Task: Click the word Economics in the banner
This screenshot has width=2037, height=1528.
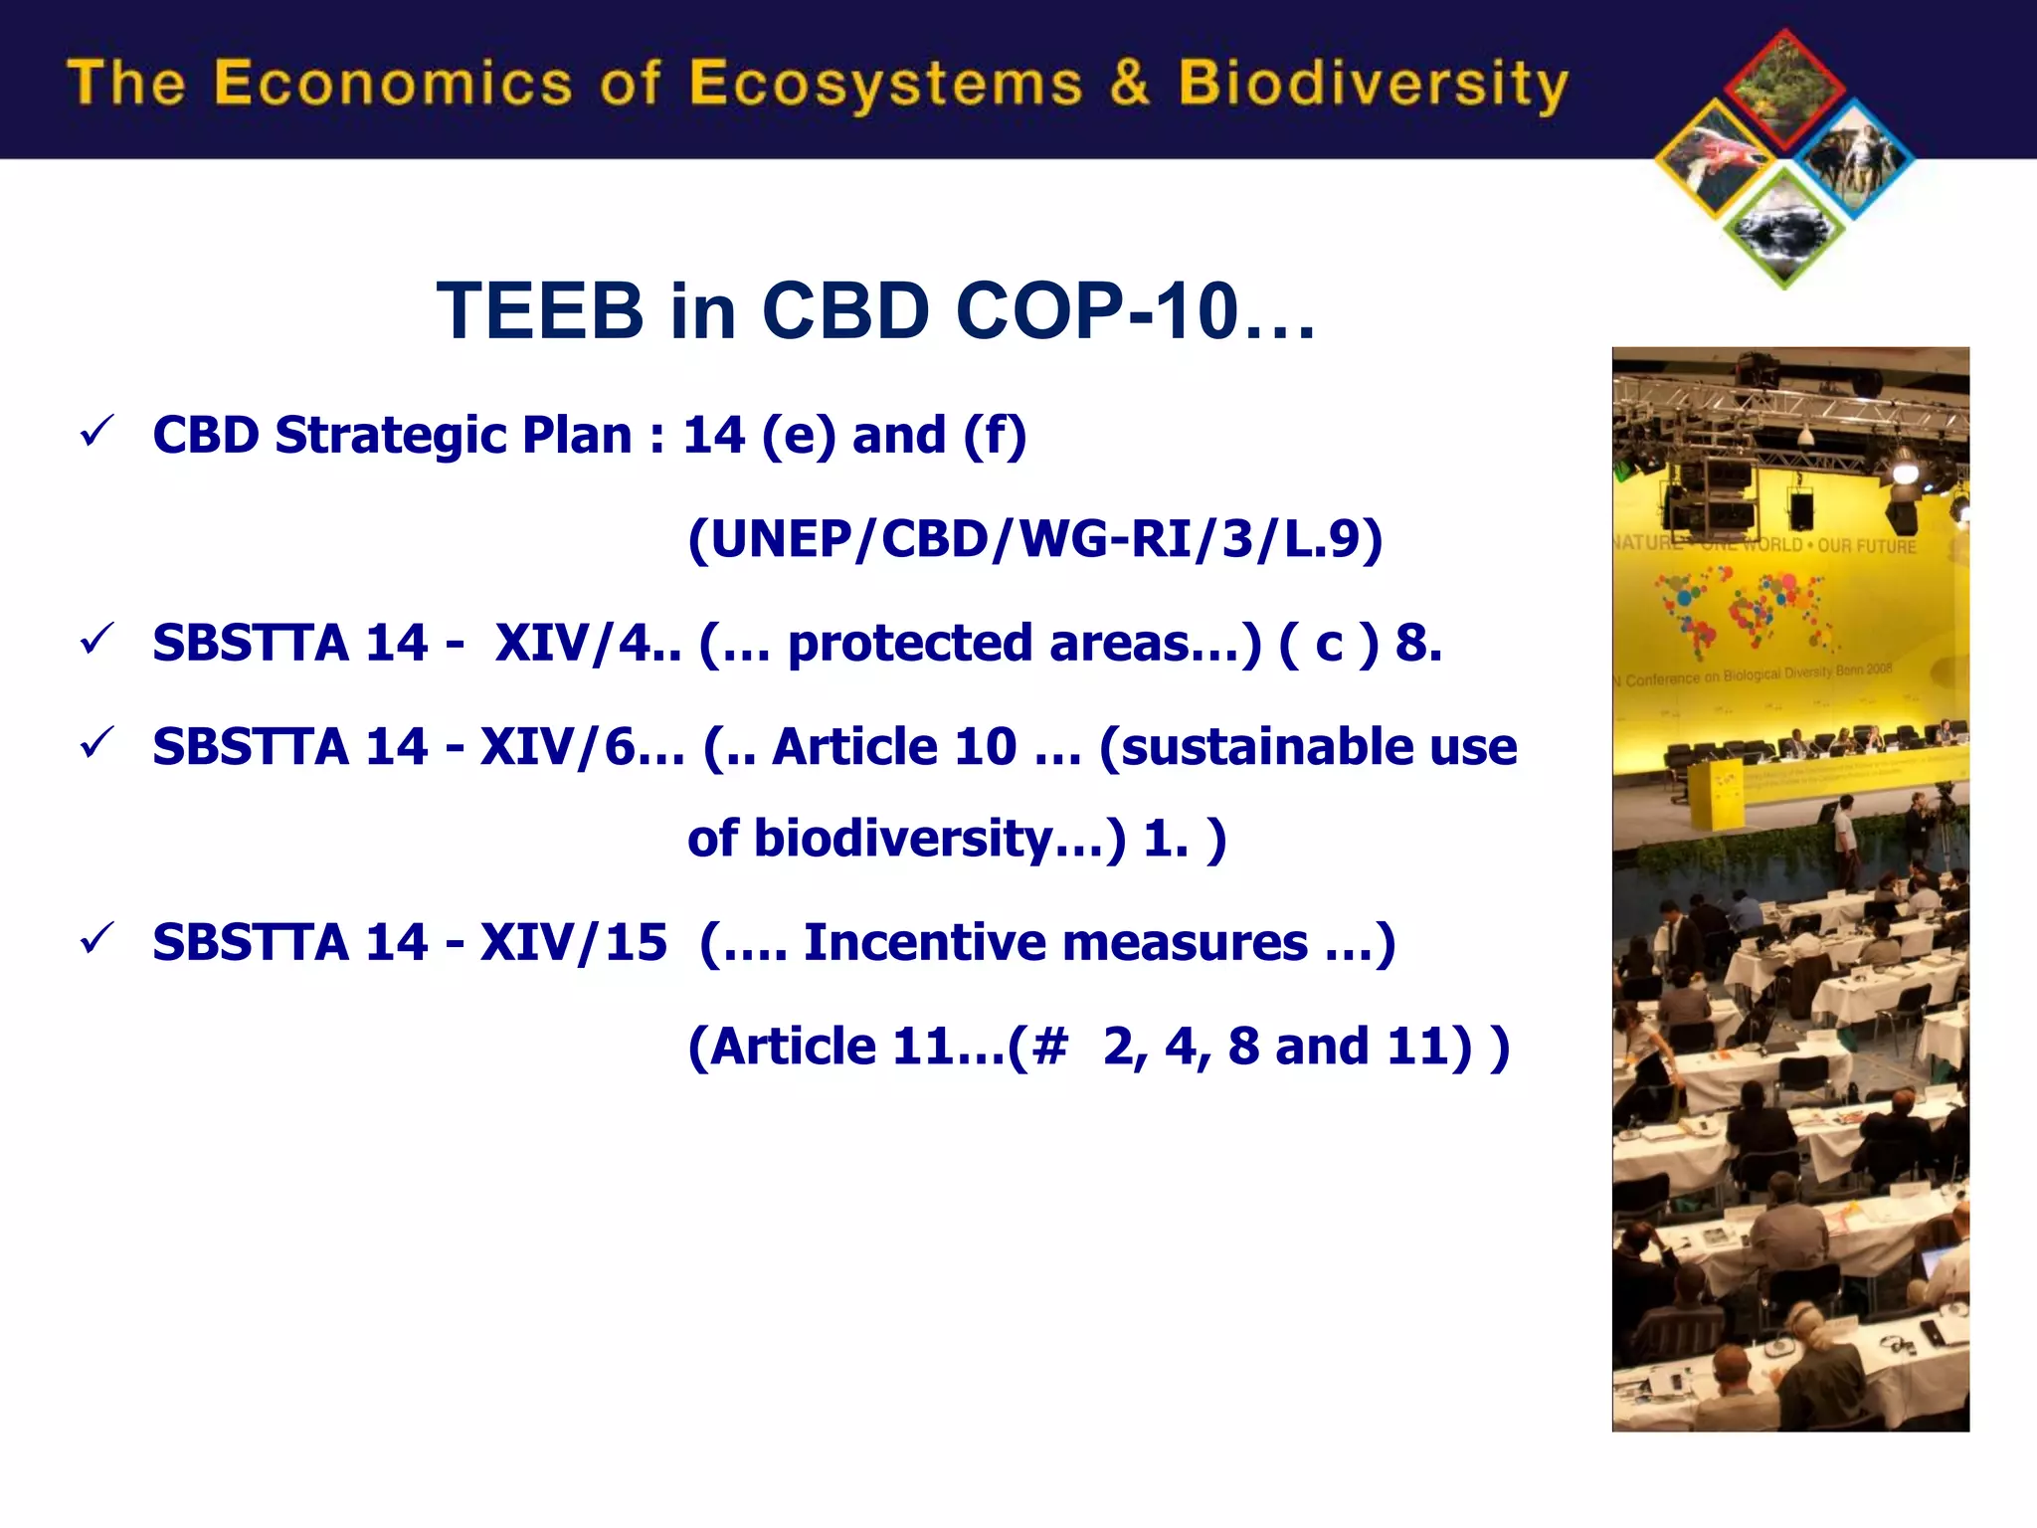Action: pos(393,83)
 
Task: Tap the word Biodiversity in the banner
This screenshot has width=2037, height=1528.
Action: pos(1373,85)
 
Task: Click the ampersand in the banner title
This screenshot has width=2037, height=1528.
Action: pos(1130,83)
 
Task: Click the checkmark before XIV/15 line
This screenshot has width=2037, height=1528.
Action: pos(97,938)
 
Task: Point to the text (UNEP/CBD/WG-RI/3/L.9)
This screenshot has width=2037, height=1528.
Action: pos(1034,540)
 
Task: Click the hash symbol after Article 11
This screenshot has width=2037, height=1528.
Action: pos(1050,1047)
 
